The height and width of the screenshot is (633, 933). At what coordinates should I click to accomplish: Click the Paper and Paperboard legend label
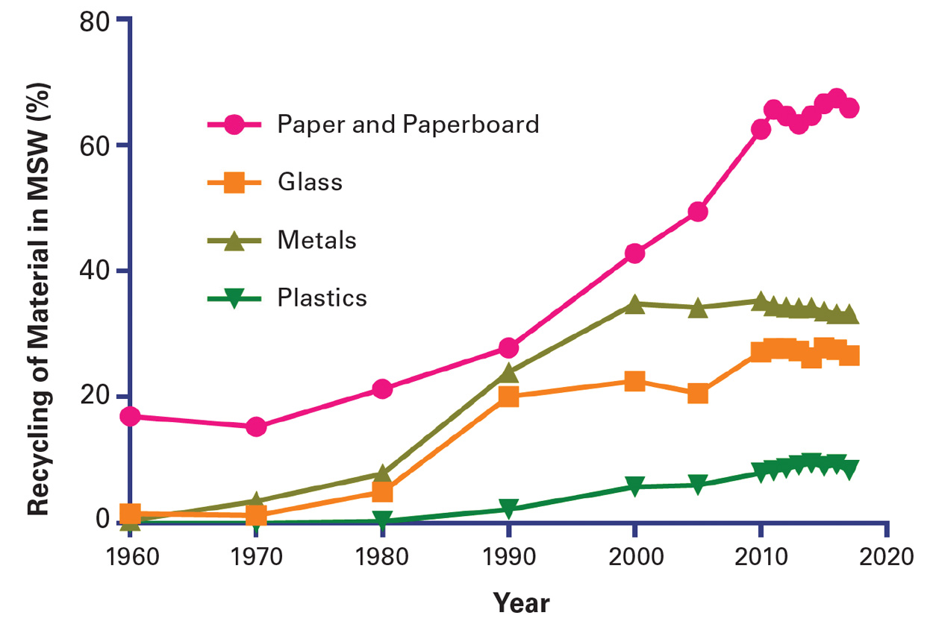(408, 124)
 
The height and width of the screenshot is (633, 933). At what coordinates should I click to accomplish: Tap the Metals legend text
(316, 241)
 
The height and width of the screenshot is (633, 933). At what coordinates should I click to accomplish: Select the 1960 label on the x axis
(130, 558)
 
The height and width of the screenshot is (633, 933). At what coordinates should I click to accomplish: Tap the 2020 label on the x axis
(886, 558)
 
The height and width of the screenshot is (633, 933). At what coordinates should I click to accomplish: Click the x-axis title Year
(520, 602)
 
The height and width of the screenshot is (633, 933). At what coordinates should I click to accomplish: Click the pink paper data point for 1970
(256, 426)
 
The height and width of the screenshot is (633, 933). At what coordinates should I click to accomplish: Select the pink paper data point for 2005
(698, 212)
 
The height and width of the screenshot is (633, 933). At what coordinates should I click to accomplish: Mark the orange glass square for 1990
(508, 396)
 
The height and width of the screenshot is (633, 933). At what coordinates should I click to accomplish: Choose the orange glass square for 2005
(698, 393)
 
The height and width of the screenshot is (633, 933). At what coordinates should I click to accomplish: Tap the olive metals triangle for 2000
(634, 303)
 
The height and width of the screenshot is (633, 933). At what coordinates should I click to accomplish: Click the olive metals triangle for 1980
(382, 474)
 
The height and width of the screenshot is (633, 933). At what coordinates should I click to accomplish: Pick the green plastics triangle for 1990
(508, 510)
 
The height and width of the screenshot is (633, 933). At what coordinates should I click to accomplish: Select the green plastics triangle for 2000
(634, 488)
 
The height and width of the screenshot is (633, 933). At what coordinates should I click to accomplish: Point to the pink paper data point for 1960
(130, 416)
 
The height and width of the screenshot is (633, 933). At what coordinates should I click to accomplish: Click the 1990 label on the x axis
(508, 558)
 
